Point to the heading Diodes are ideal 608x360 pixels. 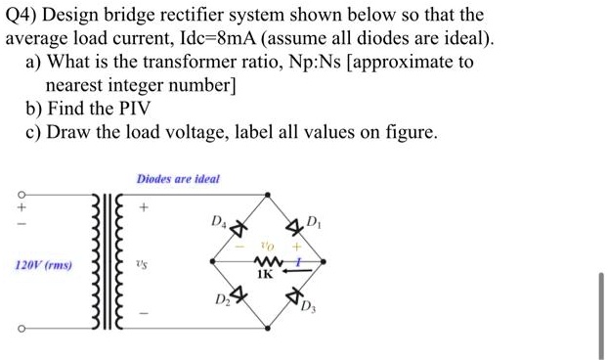[x=178, y=179]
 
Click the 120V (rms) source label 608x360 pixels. [x=42, y=265]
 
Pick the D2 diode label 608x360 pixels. [x=220, y=298]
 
